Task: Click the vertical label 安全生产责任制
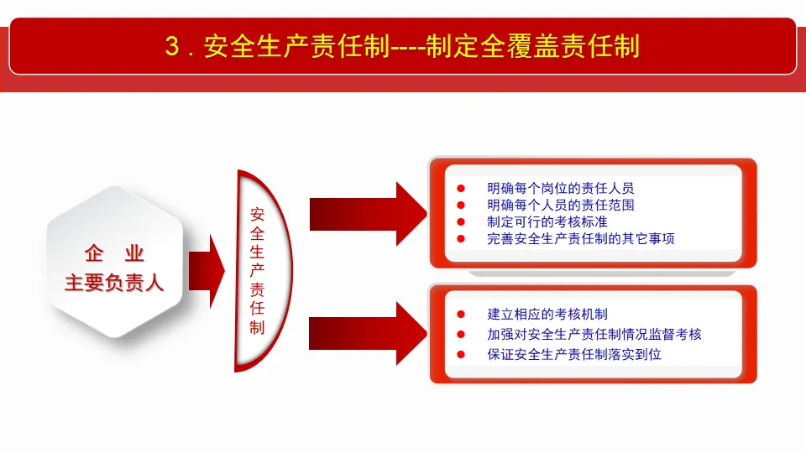point(257,270)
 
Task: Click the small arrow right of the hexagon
point(207,269)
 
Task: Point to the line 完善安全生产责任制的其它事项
point(581,238)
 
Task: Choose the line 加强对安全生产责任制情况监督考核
point(594,334)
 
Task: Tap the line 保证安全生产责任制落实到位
point(574,354)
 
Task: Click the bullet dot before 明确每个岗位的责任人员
point(460,188)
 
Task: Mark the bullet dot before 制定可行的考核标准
point(460,222)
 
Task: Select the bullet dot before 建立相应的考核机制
point(460,315)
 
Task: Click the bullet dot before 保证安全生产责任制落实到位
point(460,354)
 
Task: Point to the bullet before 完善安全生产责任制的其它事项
point(460,239)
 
